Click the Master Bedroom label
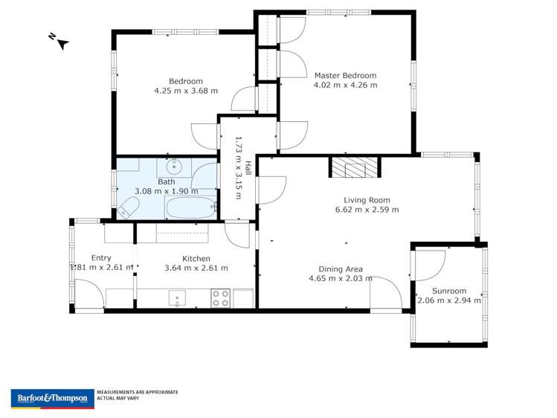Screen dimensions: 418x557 [345, 75]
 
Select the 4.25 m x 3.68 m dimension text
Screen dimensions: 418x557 [186, 91]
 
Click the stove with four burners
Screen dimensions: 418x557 [221, 298]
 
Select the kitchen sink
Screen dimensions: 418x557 [177, 299]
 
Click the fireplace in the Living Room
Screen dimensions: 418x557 [355, 167]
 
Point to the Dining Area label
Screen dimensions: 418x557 [341, 269]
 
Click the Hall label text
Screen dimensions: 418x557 [248, 167]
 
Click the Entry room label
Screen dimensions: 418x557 [101, 258]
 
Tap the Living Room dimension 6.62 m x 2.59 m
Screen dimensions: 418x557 [367, 209]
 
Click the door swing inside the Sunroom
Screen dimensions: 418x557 [430, 263]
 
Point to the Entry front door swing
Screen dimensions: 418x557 [89, 295]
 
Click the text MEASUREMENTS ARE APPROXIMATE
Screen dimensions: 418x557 [138, 392]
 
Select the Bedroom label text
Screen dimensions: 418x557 [186, 81]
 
